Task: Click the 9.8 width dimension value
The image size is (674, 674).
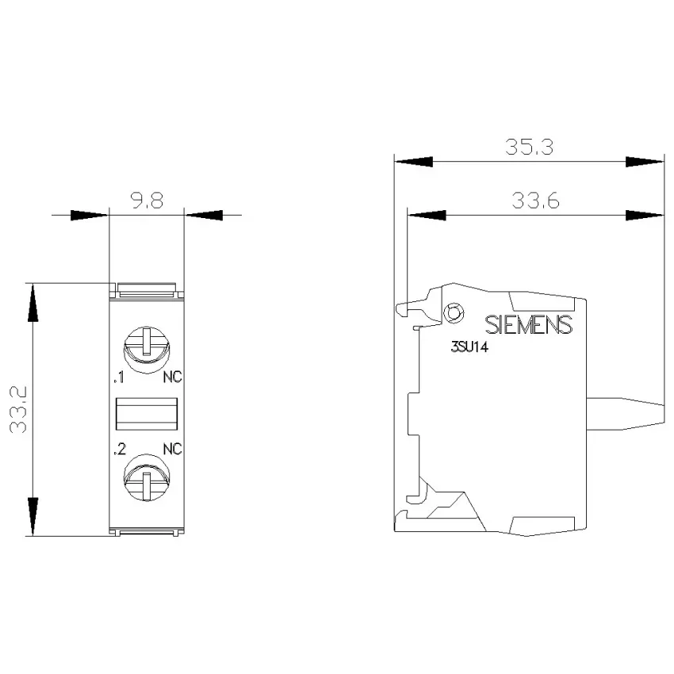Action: pyautogui.click(x=147, y=201)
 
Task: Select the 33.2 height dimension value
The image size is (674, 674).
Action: pyautogui.click(x=19, y=409)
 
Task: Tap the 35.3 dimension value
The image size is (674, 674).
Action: pyautogui.click(x=529, y=147)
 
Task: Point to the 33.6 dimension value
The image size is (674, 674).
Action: pyautogui.click(x=535, y=201)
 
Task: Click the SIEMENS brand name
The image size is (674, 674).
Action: pyautogui.click(x=529, y=325)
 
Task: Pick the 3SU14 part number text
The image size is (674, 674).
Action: pyautogui.click(x=469, y=347)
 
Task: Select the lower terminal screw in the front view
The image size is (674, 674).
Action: pyautogui.click(x=147, y=477)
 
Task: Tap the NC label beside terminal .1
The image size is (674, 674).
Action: pyautogui.click(x=172, y=377)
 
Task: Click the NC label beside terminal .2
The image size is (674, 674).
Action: pyautogui.click(x=172, y=449)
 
